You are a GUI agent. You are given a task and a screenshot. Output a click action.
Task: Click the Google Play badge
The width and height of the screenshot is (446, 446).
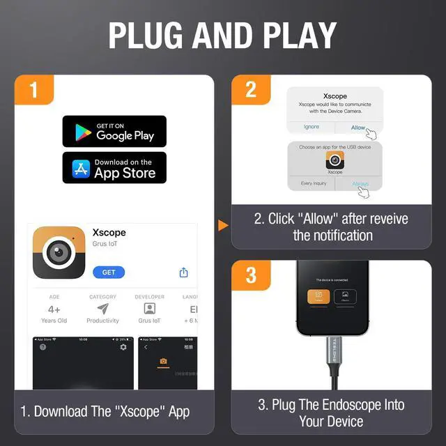pos(114,131)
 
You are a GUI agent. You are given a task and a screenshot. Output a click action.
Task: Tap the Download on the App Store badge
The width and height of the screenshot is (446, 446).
pos(114,167)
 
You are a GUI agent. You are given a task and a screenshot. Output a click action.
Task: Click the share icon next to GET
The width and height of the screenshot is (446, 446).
pos(184,272)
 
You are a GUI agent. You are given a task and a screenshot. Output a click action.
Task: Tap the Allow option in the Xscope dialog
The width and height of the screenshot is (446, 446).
pos(358,128)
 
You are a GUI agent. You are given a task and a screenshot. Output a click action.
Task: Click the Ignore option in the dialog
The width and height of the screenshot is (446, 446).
pos(311,127)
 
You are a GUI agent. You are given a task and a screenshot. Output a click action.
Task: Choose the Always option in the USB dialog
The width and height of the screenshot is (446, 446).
pos(360,184)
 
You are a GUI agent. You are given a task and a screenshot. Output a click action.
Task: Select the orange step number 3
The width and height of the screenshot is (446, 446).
pos(251,276)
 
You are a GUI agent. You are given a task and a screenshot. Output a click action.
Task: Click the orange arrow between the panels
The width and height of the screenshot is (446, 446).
pos(223,225)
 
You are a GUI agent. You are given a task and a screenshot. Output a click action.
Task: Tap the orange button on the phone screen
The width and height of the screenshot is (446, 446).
pos(319,296)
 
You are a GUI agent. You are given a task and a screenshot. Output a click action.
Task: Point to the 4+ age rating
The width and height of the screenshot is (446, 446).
pos(54,309)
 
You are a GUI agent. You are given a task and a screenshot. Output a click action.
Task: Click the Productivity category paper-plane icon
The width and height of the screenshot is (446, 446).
pos(102,309)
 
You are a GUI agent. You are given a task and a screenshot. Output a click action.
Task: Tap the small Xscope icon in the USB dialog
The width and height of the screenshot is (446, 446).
pos(334,161)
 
